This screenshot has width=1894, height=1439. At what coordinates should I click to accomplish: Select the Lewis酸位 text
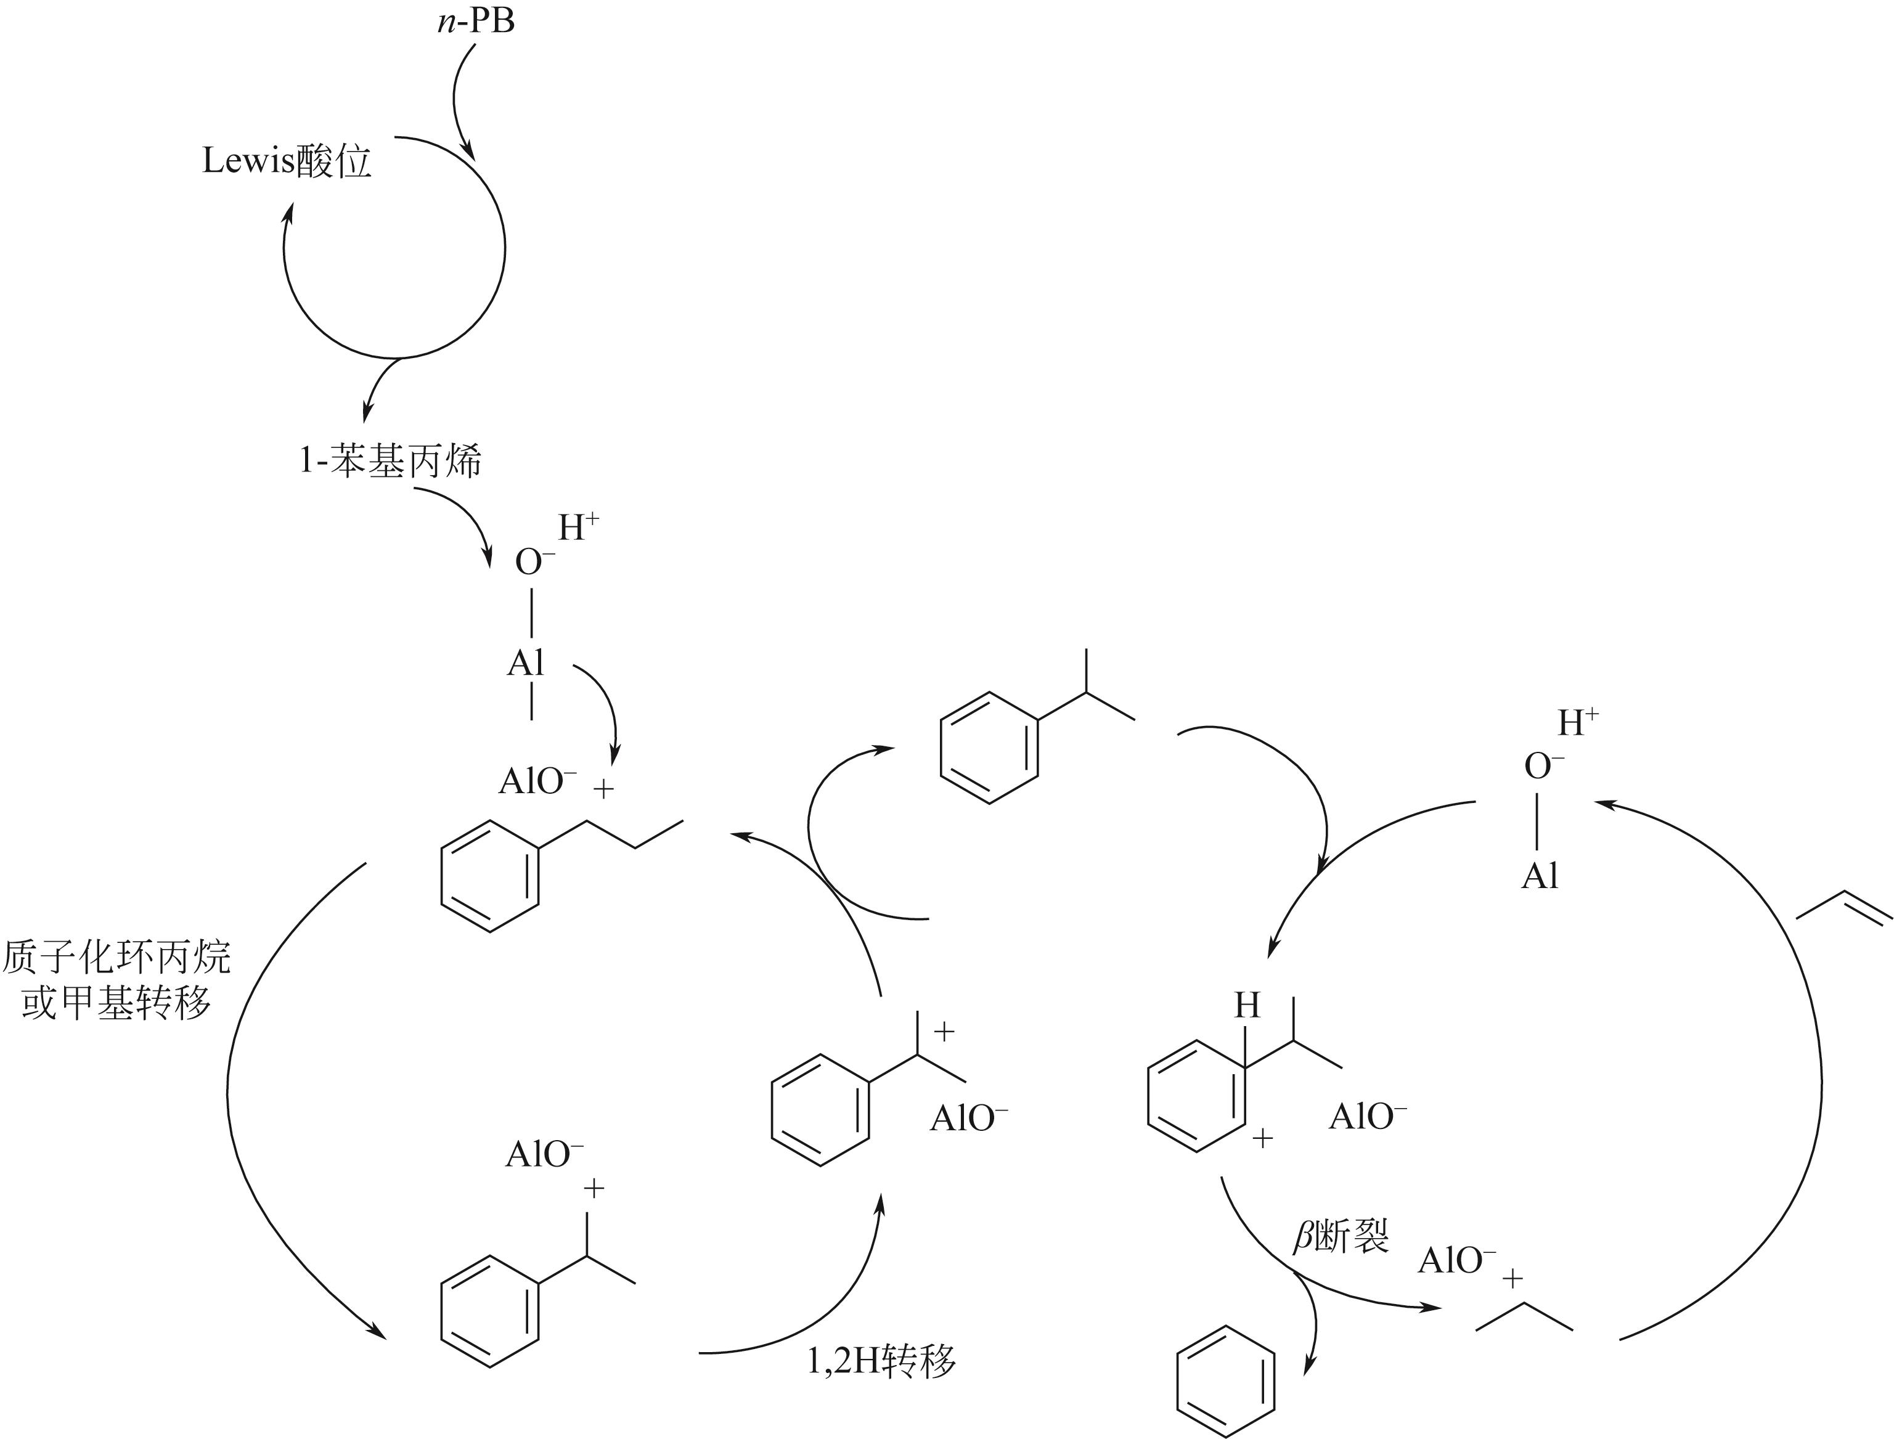coord(287,161)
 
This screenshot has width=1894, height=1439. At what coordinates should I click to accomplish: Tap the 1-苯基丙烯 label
coord(390,462)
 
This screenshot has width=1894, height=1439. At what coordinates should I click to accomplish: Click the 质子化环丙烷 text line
coord(116,956)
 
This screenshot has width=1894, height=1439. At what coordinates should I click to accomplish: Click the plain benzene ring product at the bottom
coord(1226,1380)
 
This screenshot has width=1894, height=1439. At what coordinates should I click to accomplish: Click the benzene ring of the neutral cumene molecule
coord(989,748)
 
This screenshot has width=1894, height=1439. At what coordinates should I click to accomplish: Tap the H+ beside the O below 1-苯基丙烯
coord(578,528)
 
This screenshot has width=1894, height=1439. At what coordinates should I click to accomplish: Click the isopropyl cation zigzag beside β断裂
coord(1525,1318)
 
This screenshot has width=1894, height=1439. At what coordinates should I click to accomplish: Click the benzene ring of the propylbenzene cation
coord(490,875)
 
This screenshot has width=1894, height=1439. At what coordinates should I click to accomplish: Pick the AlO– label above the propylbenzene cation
coord(538,781)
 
